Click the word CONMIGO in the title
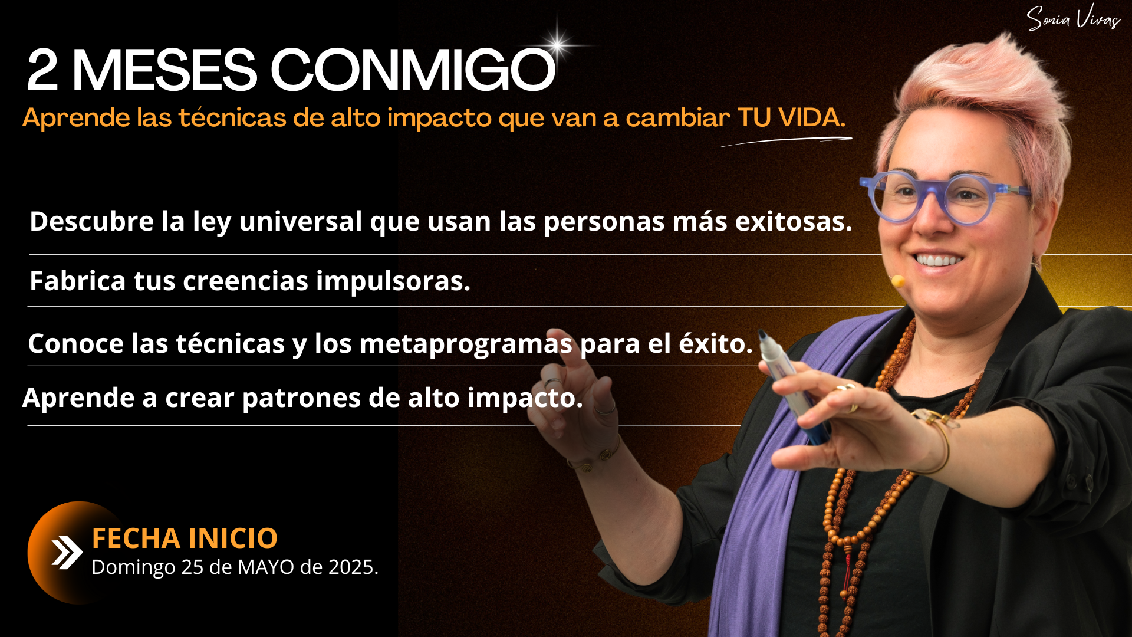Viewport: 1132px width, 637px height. [x=413, y=70]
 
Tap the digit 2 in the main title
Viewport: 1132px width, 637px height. [x=42, y=70]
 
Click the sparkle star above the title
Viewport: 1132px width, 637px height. [x=558, y=44]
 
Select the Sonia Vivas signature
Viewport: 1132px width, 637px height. [x=1073, y=18]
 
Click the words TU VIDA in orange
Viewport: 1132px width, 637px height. [x=791, y=117]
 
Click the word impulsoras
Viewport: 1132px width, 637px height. [x=393, y=281]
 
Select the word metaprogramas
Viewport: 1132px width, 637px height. [x=466, y=344]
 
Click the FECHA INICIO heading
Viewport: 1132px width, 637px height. [x=185, y=538]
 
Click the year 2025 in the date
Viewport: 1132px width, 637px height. [x=353, y=567]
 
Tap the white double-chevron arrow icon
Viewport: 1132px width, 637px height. [x=67, y=553]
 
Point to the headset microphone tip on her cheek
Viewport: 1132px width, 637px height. [x=898, y=281]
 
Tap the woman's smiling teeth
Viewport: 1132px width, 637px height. [x=938, y=260]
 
